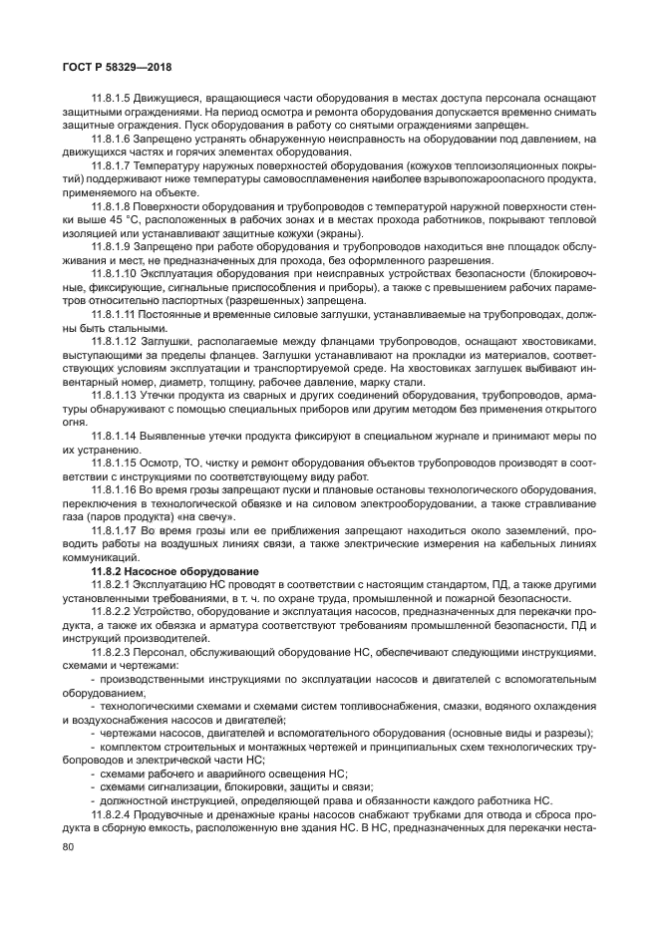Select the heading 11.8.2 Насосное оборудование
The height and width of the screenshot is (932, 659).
point(161,569)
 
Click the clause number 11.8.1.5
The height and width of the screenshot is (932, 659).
point(111,98)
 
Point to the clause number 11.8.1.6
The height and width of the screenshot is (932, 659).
point(111,139)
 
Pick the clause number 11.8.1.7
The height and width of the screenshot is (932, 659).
point(111,165)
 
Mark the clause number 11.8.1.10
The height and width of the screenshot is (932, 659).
point(114,272)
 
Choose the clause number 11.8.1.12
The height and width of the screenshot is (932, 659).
point(114,341)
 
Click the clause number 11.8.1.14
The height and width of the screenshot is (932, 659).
point(114,436)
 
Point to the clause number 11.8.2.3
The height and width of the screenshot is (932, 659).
point(111,651)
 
